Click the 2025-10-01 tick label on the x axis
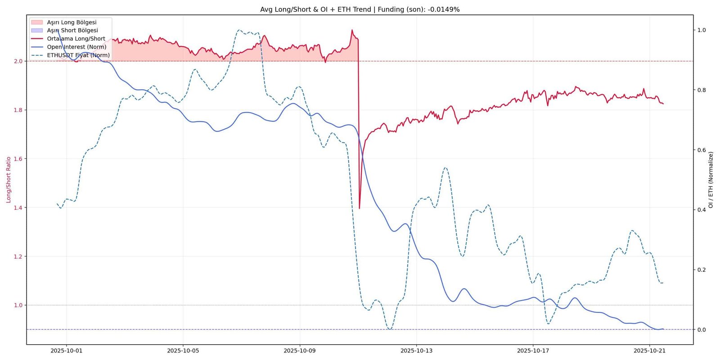(x=67, y=351)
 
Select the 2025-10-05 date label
(x=183, y=351)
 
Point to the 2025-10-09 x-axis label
(x=300, y=351)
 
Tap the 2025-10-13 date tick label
(x=416, y=351)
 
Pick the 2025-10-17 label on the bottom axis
(x=533, y=351)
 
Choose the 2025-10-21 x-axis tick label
(x=650, y=351)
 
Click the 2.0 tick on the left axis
(x=18, y=61)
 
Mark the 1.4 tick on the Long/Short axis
(x=18, y=207)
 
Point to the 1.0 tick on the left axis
(x=18, y=305)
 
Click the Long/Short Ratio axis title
(x=9, y=180)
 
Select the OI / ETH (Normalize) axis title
(x=711, y=180)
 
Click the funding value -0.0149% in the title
(x=444, y=9)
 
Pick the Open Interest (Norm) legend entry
(x=69, y=47)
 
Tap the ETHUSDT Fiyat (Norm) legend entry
(x=70, y=55)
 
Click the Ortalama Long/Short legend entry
(x=68, y=39)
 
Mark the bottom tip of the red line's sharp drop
(x=360, y=209)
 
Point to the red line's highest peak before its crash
(x=352, y=30)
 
